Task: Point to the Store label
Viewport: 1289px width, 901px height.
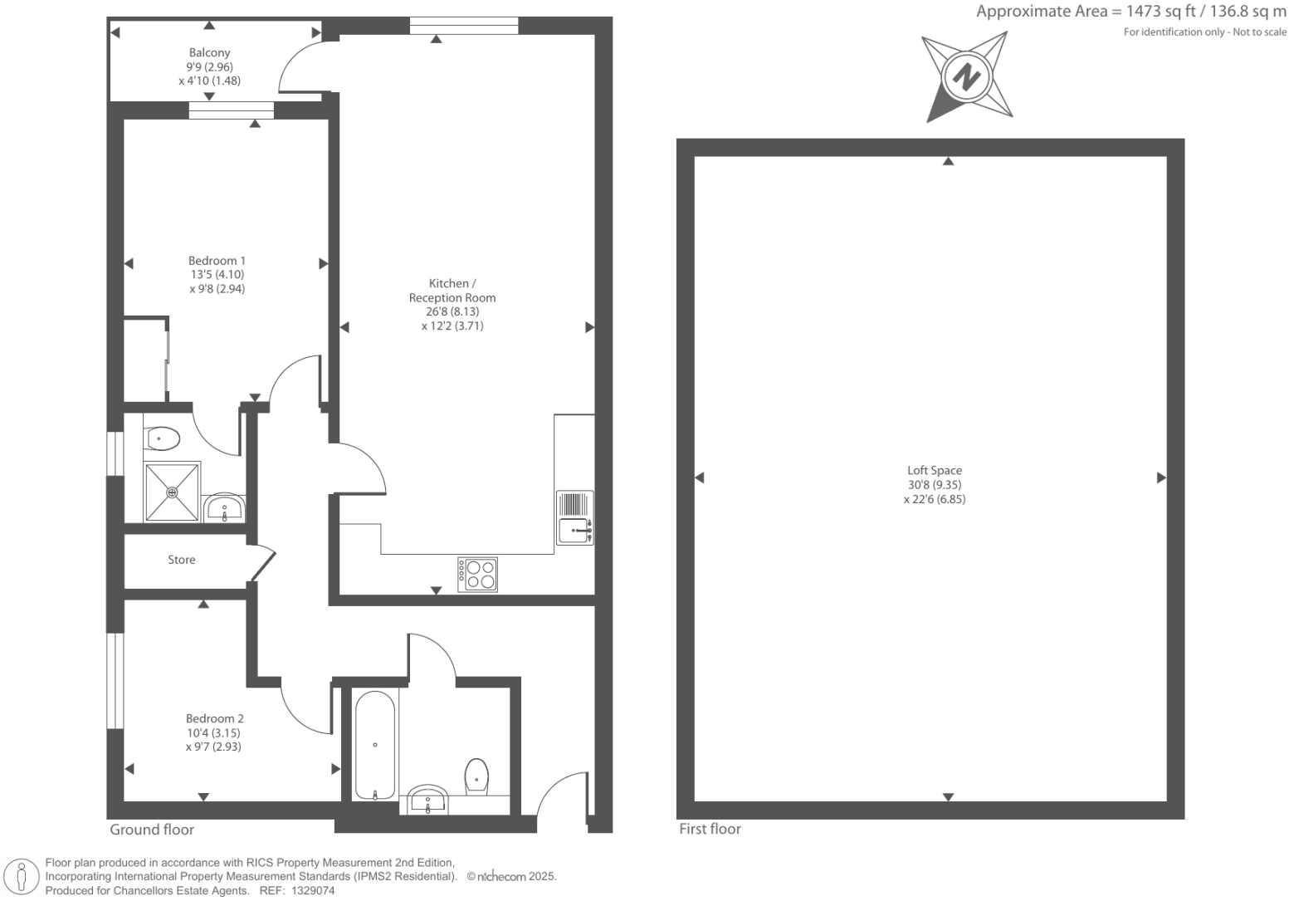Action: (x=182, y=560)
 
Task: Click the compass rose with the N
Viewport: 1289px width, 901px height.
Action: (x=966, y=77)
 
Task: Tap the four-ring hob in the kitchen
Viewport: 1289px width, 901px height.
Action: (x=478, y=574)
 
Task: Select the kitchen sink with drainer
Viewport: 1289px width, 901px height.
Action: (x=574, y=517)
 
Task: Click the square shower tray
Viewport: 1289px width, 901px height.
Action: (x=173, y=492)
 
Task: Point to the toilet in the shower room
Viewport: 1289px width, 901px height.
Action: (x=162, y=438)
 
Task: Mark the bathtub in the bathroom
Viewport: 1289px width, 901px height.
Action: (x=375, y=745)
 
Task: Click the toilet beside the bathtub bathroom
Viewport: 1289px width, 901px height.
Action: (x=476, y=776)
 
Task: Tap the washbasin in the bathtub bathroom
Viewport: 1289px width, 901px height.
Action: (x=428, y=800)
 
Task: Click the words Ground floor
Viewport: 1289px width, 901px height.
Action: (x=152, y=830)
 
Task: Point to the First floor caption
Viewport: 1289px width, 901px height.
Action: (x=710, y=829)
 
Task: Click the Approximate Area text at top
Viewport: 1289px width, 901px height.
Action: (x=1130, y=12)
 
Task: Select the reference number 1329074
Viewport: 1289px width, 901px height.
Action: (x=310, y=890)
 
